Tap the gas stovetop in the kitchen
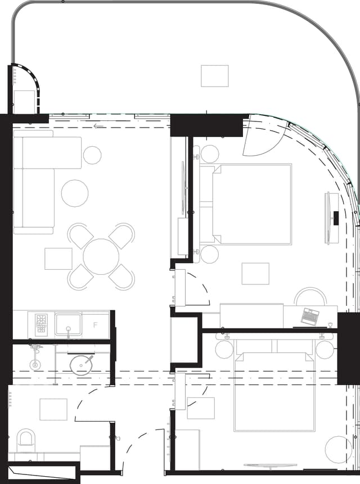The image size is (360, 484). (x=42, y=325)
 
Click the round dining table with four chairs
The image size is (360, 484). (x=101, y=256)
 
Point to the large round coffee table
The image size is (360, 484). (x=75, y=193)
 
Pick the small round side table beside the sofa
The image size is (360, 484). (x=92, y=155)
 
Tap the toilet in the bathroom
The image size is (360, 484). (x=26, y=438)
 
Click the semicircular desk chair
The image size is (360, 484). (x=310, y=296)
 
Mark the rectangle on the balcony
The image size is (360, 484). (x=215, y=76)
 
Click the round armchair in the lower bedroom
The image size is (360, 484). (x=339, y=449)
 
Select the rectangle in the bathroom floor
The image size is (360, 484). (x=53, y=409)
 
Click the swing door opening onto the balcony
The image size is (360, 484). (x=259, y=138)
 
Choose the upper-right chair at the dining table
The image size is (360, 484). (x=122, y=235)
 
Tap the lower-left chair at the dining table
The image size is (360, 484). (x=80, y=277)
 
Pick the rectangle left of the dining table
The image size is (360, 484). (x=58, y=259)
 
